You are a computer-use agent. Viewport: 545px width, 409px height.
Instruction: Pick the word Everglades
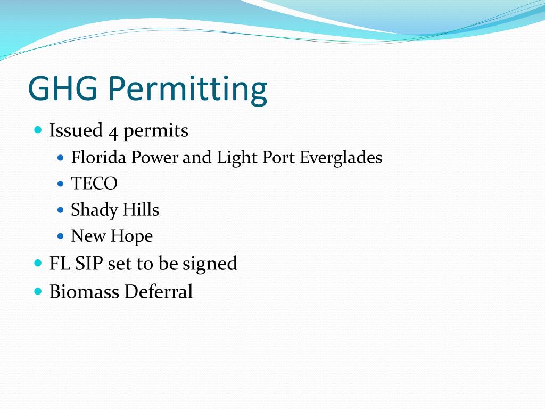341,158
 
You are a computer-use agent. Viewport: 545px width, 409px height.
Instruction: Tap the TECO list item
94,184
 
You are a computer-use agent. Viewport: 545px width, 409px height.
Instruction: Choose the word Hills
141,210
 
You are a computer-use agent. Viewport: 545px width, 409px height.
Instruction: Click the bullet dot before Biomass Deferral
38,291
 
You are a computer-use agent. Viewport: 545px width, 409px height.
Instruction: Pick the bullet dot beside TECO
60,184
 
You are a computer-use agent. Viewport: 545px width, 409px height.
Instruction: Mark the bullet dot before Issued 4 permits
38,130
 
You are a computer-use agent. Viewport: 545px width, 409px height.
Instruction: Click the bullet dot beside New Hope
60,236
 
